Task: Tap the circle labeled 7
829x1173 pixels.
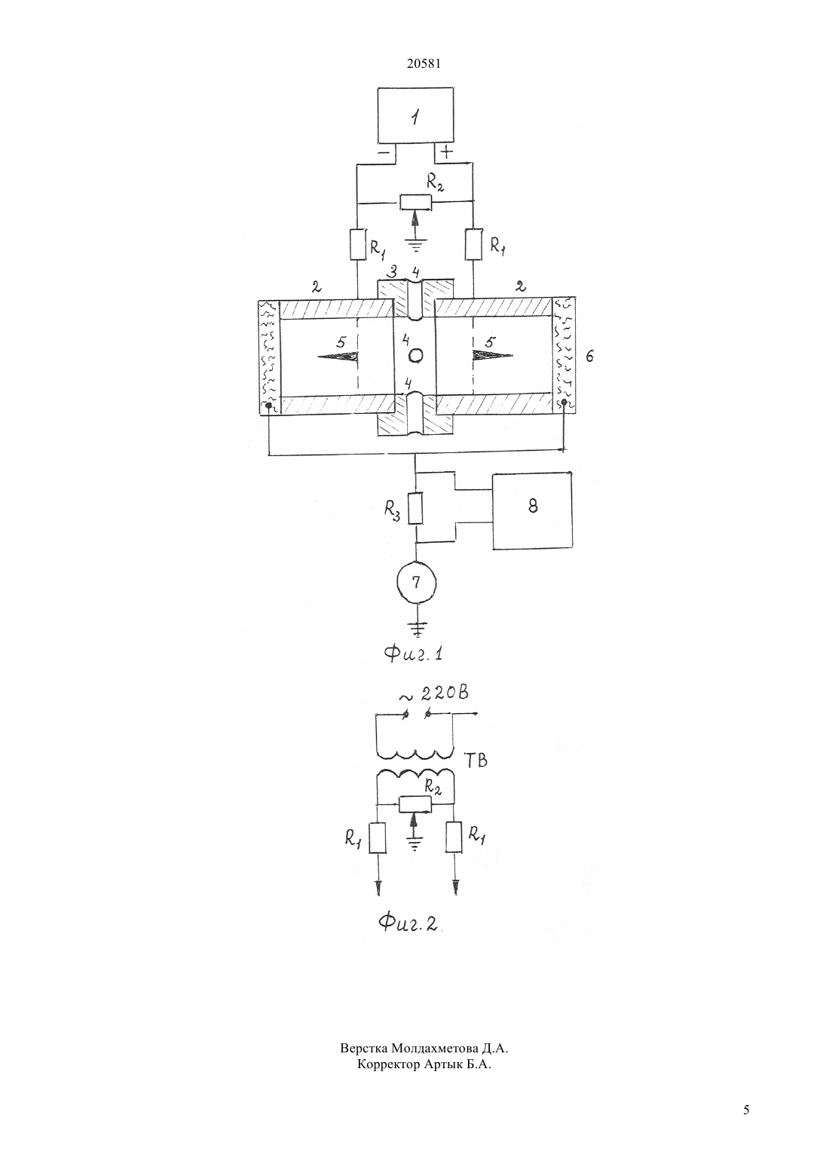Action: click(x=416, y=582)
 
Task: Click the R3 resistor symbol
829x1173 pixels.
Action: click(x=415, y=508)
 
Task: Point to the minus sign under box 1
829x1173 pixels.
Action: click(x=383, y=154)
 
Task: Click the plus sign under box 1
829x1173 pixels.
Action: click(x=446, y=153)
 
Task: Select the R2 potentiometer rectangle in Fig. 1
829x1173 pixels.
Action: click(x=415, y=202)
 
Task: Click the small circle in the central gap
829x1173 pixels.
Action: click(x=415, y=356)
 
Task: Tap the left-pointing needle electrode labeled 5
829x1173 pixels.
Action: click(x=338, y=357)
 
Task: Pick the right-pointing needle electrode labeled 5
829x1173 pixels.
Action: click(x=493, y=356)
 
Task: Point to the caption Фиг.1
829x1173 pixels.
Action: click(x=414, y=654)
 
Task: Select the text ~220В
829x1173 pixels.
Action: click(x=434, y=694)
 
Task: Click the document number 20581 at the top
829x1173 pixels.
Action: click(x=424, y=64)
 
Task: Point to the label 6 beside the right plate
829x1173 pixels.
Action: click(x=590, y=357)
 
